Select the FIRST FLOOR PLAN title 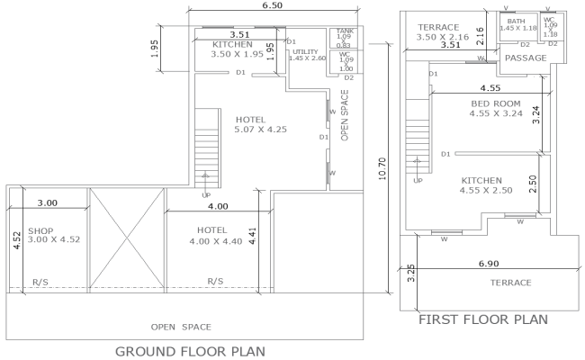[483, 319]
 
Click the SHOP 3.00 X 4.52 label [48, 235]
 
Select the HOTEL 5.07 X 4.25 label [261, 124]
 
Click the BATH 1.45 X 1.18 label [516, 24]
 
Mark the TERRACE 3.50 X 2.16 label [438, 32]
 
